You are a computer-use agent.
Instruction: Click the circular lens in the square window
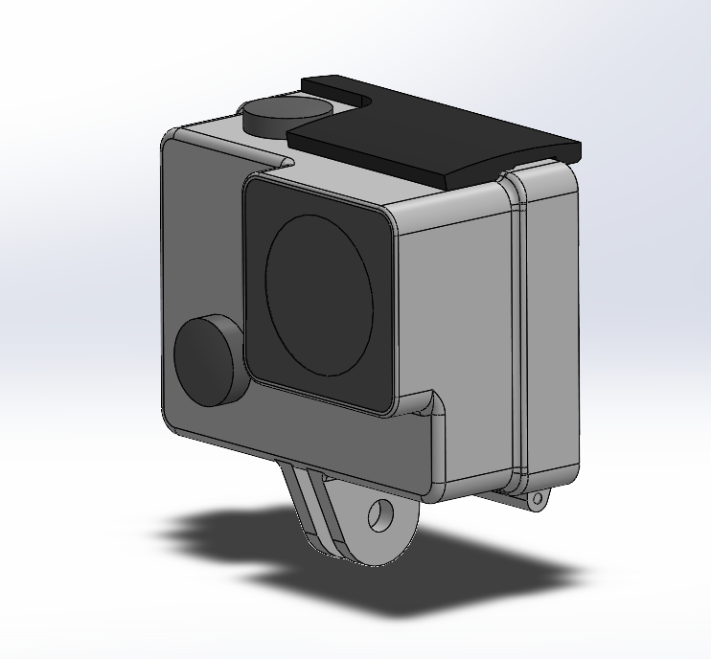tap(319, 295)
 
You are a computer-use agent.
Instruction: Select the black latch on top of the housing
tap(436, 129)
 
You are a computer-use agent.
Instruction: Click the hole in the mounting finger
tap(382, 513)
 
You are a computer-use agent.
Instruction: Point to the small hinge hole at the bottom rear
tap(538, 499)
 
